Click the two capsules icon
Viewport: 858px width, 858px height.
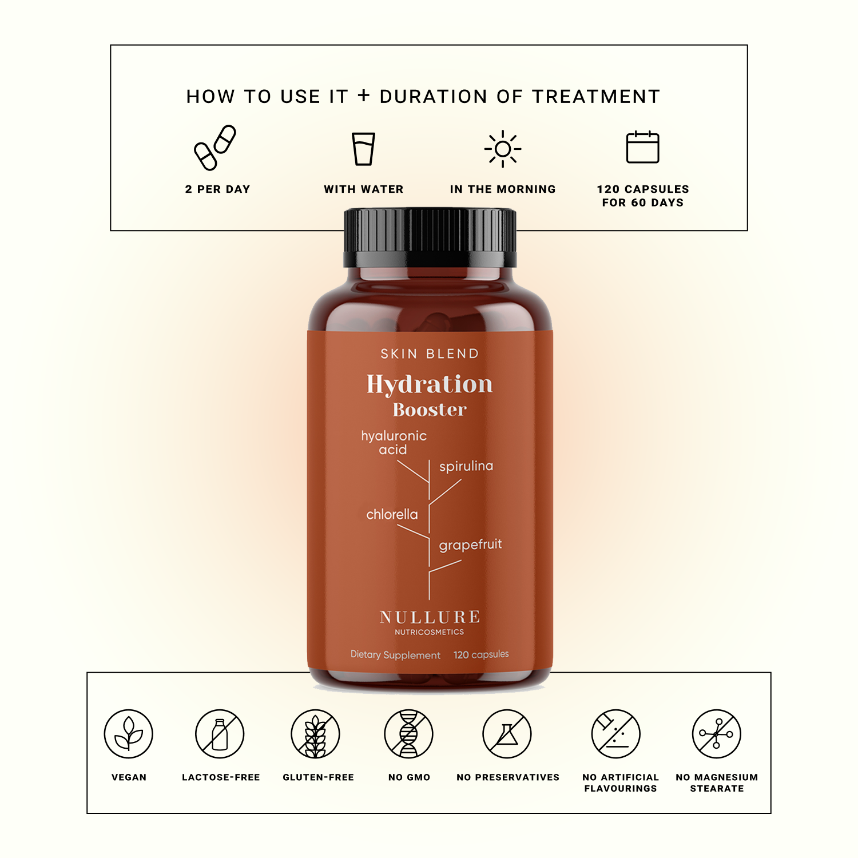pyautogui.click(x=214, y=148)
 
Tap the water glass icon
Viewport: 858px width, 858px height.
pyautogui.click(x=363, y=149)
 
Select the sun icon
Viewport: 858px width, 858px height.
pyautogui.click(x=503, y=149)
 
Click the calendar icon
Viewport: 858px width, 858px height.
pyautogui.click(x=643, y=147)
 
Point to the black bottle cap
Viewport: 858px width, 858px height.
pyautogui.click(x=430, y=237)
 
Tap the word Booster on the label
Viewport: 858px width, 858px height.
pyautogui.click(x=430, y=410)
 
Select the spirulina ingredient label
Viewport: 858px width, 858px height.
pyautogui.click(x=466, y=466)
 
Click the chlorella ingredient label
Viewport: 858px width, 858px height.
pyautogui.click(x=392, y=514)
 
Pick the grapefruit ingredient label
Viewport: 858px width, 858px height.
pyautogui.click(x=470, y=545)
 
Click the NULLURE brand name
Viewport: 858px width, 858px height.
pyautogui.click(x=430, y=617)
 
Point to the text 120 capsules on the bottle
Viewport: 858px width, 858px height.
pyautogui.click(x=481, y=654)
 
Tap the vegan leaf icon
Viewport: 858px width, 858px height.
pyautogui.click(x=129, y=734)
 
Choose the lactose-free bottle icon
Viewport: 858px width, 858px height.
pyautogui.click(x=220, y=734)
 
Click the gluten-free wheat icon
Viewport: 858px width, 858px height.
pyautogui.click(x=315, y=734)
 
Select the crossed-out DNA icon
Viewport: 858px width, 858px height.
pyautogui.click(x=408, y=734)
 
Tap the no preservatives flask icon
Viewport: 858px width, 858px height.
pyautogui.click(x=507, y=734)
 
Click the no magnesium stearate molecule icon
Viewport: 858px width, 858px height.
pyautogui.click(x=717, y=734)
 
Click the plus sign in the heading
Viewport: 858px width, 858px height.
pyautogui.click(x=364, y=96)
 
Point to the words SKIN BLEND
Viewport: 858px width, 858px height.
pyautogui.click(x=430, y=354)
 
